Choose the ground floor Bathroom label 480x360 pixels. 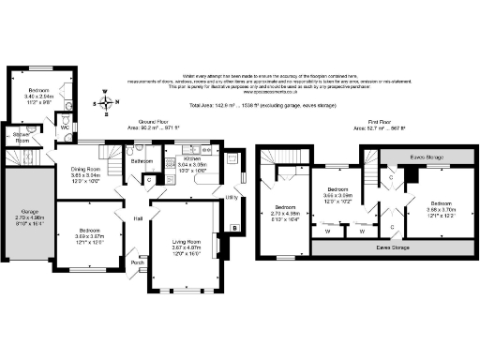pyautogui.click(x=142, y=161)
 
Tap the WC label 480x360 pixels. pyautogui.click(x=65, y=127)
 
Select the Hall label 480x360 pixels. pyautogui.click(x=138, y=218)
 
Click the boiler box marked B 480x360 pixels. pyautogui.click(x=232, y=228)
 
